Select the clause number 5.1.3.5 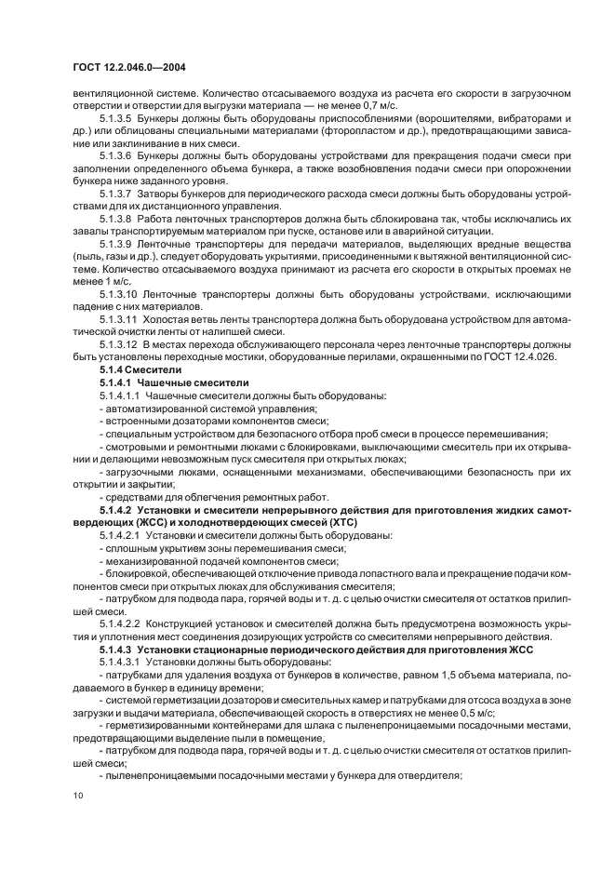click(115, 120)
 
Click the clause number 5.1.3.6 click(115, 156)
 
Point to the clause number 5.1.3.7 click(115, 193)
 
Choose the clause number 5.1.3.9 click(115, 242)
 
